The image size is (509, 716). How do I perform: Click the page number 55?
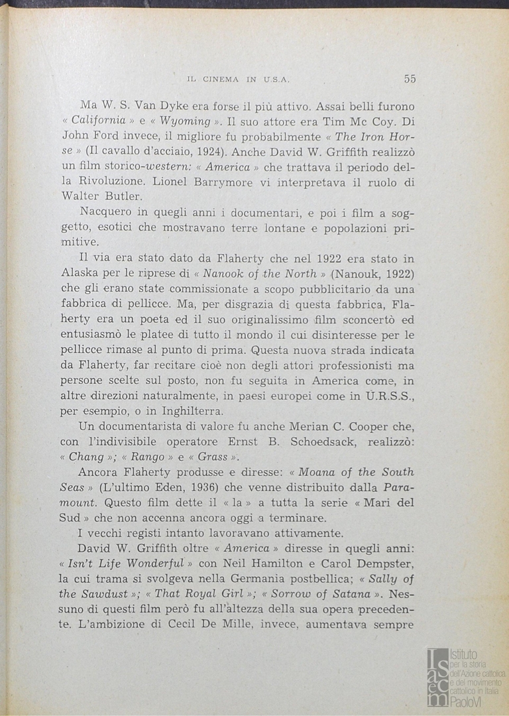pyautogui.click(x=410, y=78)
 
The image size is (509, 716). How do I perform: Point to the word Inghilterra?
pyautogui.click(x=174, y=410)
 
